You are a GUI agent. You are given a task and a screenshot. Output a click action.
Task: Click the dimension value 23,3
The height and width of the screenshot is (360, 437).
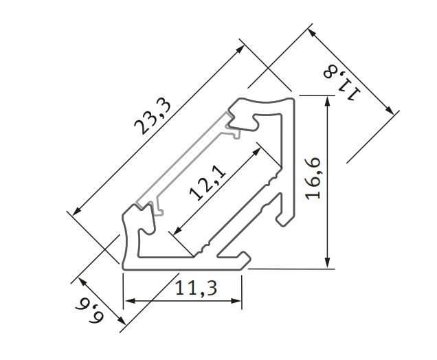coord(153,115)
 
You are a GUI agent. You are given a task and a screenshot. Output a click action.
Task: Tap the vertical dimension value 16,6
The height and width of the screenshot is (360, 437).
coord(313,179)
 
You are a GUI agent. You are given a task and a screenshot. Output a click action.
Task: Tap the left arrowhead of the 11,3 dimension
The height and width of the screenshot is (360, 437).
coord(128,300)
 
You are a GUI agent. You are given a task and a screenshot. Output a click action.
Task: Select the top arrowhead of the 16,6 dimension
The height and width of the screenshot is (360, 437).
coord(329,102)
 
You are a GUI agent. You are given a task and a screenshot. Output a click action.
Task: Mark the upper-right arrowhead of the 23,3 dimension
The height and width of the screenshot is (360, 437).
coord(240,49)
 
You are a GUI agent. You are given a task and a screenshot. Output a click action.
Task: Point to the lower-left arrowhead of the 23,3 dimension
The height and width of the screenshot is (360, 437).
coord(76,211)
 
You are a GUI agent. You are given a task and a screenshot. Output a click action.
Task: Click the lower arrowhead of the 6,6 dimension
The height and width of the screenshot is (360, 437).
coord(120,319)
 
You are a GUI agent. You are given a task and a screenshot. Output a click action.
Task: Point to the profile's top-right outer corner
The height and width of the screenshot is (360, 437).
coord(295,97)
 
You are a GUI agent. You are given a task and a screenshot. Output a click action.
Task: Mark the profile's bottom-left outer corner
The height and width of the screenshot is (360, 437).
coord(124,267)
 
